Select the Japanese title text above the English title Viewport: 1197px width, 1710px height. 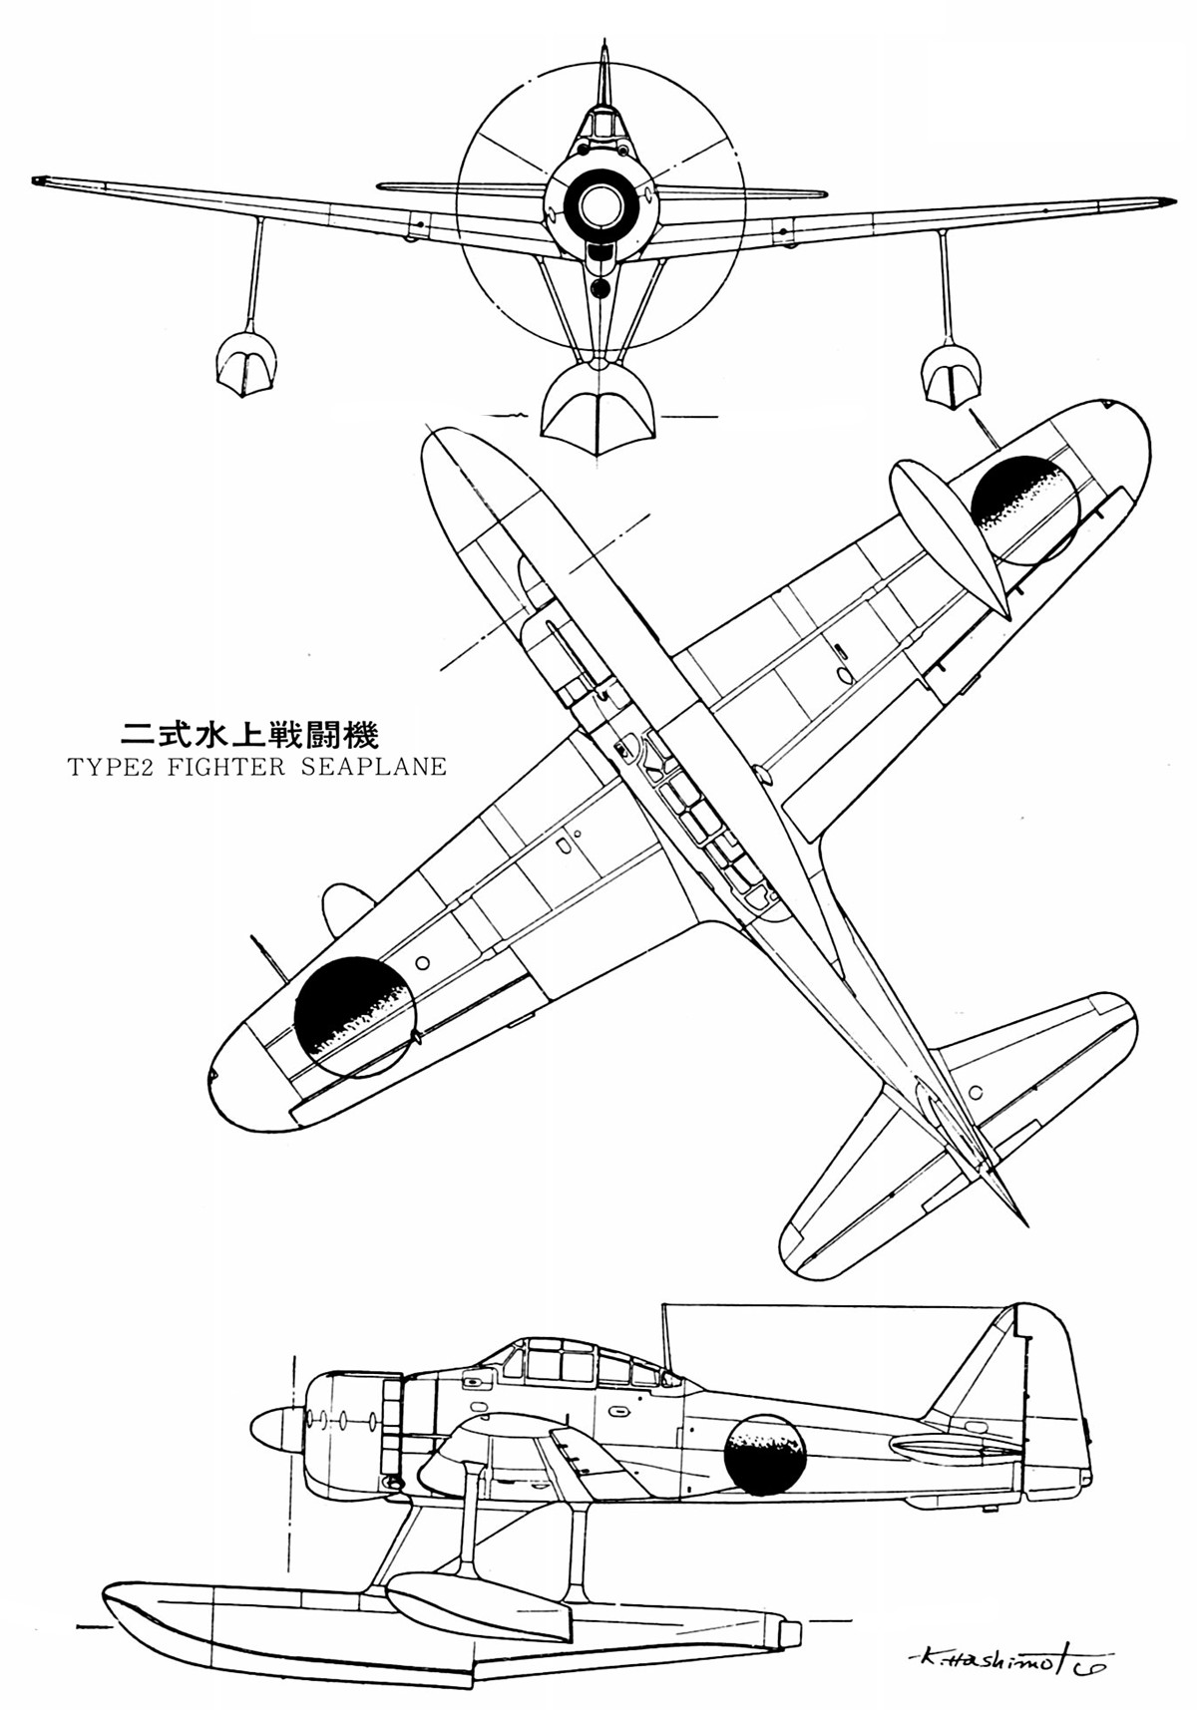[x=249, y=736]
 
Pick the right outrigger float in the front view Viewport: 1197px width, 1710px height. [x=951, y=374]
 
